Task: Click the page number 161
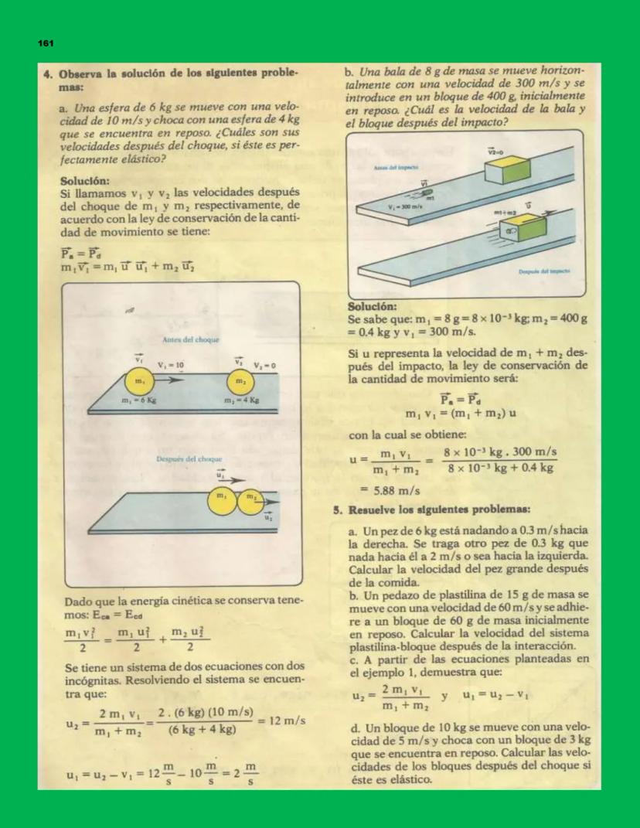click(x=46, y=45)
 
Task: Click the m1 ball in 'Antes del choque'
click(x=140, y=382)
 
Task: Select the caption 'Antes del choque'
click(x=191, y=340)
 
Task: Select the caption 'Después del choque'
click(x=189, y=459)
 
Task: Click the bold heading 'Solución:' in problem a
click(x=85, y=181)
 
